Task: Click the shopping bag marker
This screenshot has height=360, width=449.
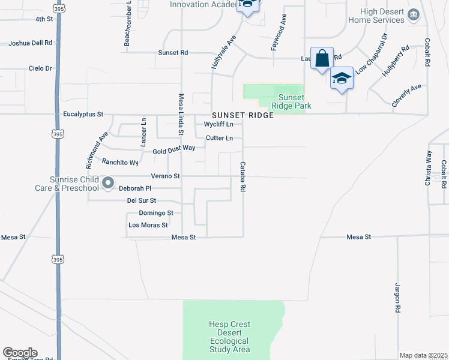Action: (322, 59)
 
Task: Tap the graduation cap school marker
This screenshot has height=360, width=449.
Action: (342, 79)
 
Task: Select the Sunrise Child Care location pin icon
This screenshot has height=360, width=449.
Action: (107, 183)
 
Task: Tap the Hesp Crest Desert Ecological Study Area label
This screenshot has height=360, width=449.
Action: (229, 337)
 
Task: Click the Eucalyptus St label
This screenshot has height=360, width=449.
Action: (83, 114)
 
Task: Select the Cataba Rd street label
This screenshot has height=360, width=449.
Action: (243, 176)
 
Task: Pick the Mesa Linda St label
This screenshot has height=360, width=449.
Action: (181, 115)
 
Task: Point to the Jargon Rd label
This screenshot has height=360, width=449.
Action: (397, 298)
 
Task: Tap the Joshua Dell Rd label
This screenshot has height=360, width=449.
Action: (31, 43)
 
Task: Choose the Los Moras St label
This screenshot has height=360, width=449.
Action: (148, 225)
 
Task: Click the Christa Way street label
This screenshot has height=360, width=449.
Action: (428, 168)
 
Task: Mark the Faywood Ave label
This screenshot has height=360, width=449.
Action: (275, 33)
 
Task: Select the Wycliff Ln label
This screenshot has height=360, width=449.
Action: (218, 124)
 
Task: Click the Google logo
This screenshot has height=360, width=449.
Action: (20, 353)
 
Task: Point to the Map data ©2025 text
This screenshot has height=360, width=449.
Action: (424, 355)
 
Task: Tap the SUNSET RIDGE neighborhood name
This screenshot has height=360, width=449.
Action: (242, 115)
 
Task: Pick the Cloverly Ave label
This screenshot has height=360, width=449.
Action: (406, 95)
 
